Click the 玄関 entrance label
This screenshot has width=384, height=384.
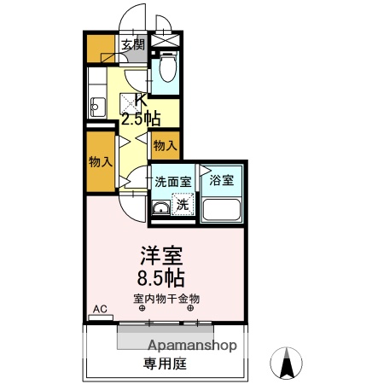pos(133,45)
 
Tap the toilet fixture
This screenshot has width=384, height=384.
pos(166,67)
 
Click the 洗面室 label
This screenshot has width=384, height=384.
pos(172,181)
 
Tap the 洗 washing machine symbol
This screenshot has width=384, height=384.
pos(183,205)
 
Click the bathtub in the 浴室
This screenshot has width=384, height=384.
pos(221,210)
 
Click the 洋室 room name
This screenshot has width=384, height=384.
pos(162,254)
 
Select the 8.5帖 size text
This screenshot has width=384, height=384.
pos(162,276)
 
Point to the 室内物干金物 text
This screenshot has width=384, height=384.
pos(166,299)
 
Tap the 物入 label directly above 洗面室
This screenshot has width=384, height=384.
pos(164,145)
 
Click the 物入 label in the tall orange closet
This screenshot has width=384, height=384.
pos(100,161)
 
